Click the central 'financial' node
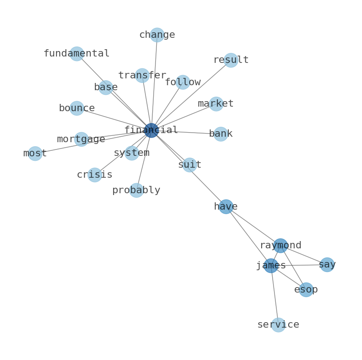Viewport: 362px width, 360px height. click(x=151, y=130)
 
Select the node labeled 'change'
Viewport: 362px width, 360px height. click(x=157, y=35)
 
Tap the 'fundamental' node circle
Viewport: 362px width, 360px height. click(x=77, y=54)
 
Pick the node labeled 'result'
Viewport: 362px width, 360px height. click(x=231, y=60)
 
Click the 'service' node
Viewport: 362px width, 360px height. click(x=278, y=325)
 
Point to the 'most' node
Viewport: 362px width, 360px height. click(x=35, y=154)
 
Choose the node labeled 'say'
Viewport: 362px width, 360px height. click(x=327, y=265)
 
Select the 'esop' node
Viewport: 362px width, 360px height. click(x=306, y=290)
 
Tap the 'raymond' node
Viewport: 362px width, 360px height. click(x=280, y=246)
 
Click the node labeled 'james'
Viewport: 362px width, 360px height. click(x=271, y=266)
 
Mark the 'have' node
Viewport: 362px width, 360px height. click(x=226, y=207)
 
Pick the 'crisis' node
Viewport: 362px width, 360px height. click(x=94, y=175)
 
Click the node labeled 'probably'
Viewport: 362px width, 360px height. click(x=136, y=190)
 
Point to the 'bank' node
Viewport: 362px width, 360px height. click(x=221, y=134)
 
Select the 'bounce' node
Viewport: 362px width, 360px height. click(x=77, y=108)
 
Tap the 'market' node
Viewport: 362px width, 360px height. click(x=216, y=104)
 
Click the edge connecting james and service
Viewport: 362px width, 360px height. click(x=274, y=295)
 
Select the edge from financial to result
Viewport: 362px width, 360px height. click(x=191, y=95)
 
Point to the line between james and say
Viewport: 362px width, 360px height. click(x=299, y=265)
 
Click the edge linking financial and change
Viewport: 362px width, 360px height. click(x=154, y=82)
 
